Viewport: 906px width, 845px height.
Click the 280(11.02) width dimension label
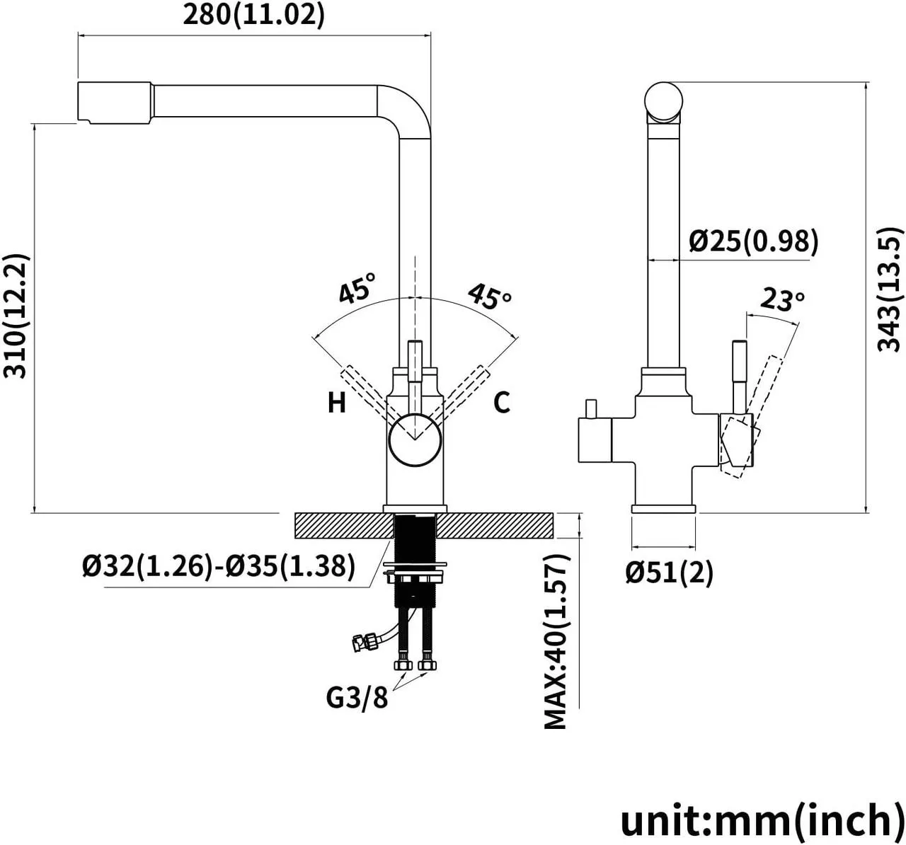[253, 16]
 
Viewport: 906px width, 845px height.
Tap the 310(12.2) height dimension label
[16, 316]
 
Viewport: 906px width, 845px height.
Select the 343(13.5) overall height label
[889, 289]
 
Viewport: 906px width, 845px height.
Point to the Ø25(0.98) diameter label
[754, 241]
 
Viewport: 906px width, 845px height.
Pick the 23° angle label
[782, 300]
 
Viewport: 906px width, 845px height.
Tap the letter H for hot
[337, 403]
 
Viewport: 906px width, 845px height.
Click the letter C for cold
[502, 403]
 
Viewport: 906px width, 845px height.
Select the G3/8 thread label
[357, 698]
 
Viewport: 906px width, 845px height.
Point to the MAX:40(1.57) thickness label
[556, 641]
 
